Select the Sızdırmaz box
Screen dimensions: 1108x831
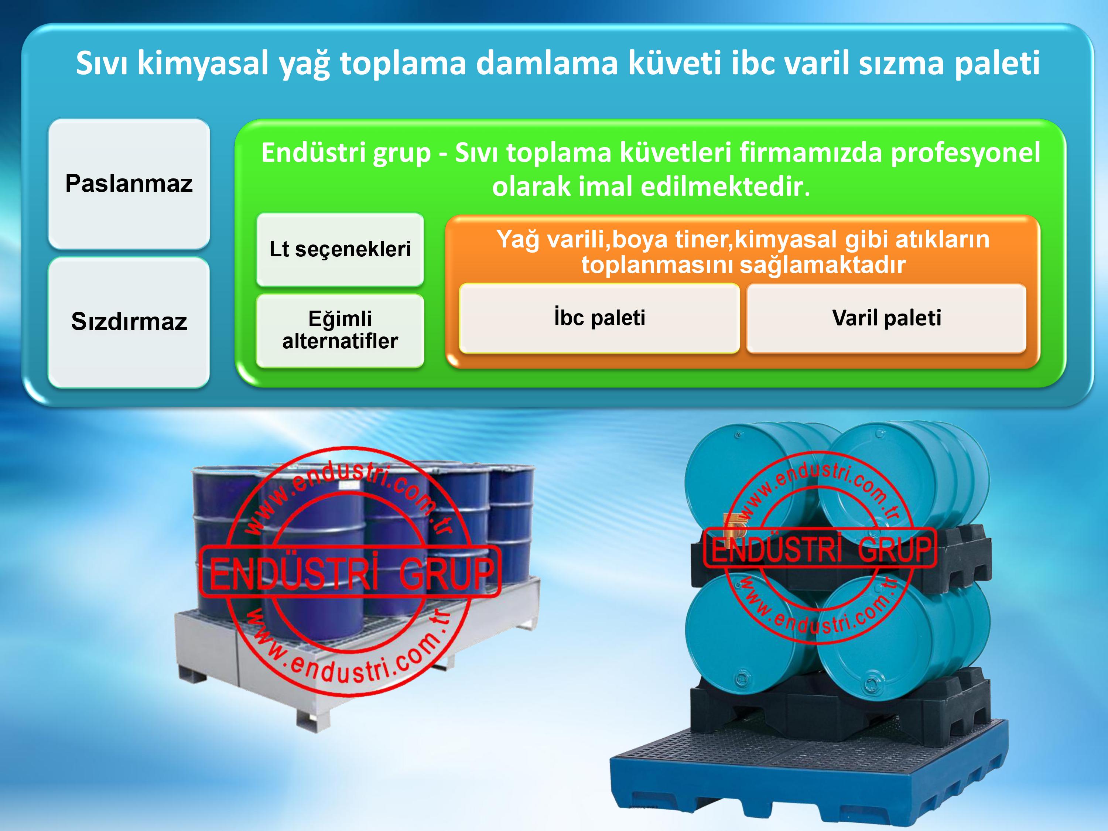129,322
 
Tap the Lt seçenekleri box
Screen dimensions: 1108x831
340,249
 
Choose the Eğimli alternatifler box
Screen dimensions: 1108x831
340,331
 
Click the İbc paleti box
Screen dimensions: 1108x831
599,318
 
